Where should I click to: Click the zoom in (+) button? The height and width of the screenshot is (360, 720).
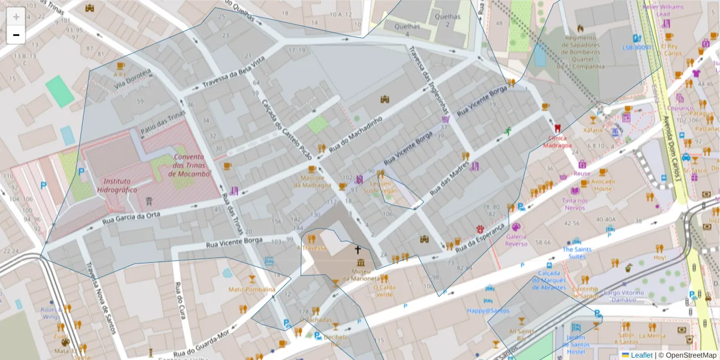16,17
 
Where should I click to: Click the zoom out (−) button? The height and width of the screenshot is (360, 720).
16,35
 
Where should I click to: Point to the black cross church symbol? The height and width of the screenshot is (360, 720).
358,250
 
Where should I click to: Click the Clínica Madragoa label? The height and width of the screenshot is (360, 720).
558,141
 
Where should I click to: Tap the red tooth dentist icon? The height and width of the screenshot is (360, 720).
557,128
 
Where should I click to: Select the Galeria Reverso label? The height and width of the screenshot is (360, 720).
516,239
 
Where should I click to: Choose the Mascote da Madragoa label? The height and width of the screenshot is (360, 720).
312,181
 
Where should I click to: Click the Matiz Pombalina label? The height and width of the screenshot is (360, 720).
251,289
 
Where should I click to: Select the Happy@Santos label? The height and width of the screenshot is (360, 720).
488,310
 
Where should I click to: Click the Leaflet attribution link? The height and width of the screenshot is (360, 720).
641,355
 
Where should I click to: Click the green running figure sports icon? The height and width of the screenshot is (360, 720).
508,131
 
